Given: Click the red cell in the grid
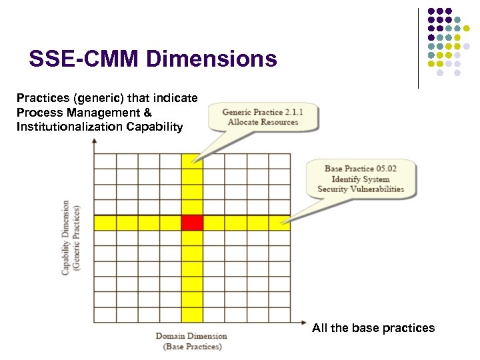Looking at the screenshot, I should coord(192,223).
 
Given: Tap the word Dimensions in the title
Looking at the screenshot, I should coord(211,59).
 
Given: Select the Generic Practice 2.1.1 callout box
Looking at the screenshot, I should coord(262,117).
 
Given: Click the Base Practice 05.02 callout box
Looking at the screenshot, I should coord(360,179).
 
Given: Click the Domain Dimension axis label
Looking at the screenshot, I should coord(191,336).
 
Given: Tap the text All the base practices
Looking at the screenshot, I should coord(373,327).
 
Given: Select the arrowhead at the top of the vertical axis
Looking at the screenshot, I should coord(94,142).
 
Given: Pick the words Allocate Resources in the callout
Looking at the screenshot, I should coord(263,123).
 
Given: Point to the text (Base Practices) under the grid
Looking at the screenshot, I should coord(192,347).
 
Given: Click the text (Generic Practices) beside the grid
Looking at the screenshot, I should coord(77,237).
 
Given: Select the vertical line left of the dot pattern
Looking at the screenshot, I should coord(418,48).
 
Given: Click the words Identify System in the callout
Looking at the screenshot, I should coord(361,179).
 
